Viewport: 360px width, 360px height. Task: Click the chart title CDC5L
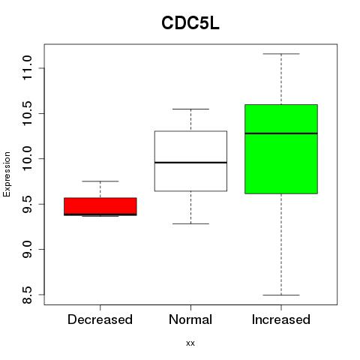click(x=190, y=23)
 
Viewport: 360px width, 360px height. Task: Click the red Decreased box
click(x=100, y=206)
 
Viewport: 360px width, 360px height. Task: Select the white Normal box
click(x=190, y=161)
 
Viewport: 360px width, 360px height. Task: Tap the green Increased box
click(x=281, y=149)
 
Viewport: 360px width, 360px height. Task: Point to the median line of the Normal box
click(x=190, y=163)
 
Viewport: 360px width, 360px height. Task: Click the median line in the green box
click(x=281, y=133)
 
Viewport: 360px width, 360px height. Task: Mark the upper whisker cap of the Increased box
click(x=281, y=54)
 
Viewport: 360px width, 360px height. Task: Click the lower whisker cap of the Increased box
click(x=281, y=295)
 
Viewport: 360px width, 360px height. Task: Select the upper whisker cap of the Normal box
click(x=190, y=109)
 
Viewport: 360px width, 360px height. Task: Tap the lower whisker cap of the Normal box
click(x=190, y=223)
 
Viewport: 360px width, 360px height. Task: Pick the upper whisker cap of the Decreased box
click(x=100, y=181)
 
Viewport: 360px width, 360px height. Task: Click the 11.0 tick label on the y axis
click(x=27, y=68)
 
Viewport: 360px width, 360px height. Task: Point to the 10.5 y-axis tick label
click(x=27, y=113)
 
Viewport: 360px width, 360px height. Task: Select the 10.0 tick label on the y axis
click(x=27, y=159)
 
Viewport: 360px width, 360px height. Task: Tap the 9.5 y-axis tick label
click(x=27, y=204)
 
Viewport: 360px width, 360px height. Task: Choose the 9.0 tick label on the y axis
click(x=27, y=249)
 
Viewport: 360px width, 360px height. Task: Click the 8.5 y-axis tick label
click(x=27, y=295)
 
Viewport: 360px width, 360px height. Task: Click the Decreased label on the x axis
click(x=100, y=319)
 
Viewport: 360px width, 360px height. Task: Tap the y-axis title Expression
click(x=7, y=174)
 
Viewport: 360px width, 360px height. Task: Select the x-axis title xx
click(x=190, y=343)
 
